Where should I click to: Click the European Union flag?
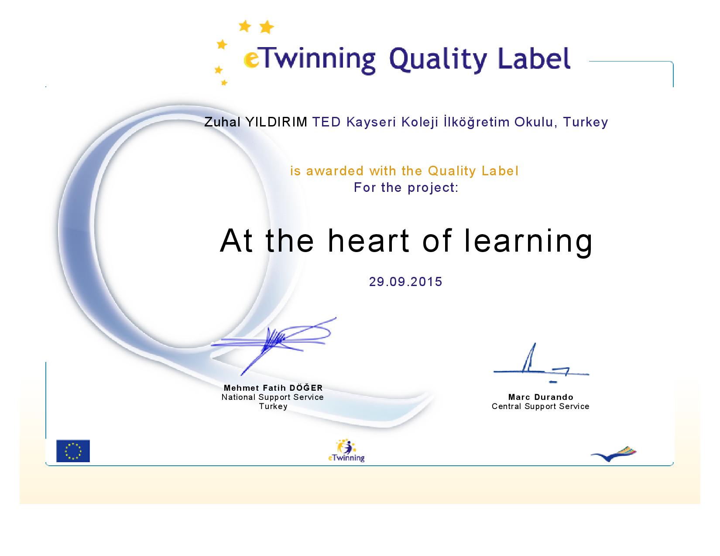coord(73,450)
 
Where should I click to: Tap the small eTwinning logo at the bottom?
coord(346,450)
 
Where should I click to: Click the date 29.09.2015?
coord(405,282)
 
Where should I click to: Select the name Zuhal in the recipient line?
coord(223,122)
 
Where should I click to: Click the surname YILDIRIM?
coord(276,122)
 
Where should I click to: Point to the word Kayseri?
coord(371,123)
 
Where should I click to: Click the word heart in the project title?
coord(369,241)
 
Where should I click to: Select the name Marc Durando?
coord(540,397)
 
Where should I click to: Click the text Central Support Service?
coord(540,406)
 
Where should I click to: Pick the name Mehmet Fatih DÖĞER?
coord(273,388)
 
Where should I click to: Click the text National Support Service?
coord(272,397)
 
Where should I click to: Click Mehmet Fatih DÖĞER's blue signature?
coord(274,346)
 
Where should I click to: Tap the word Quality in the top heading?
coord(438,60)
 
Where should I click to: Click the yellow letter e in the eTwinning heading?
coord(251,60)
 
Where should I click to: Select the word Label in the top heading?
coord(534,58)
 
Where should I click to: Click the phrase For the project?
coord(406,188)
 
